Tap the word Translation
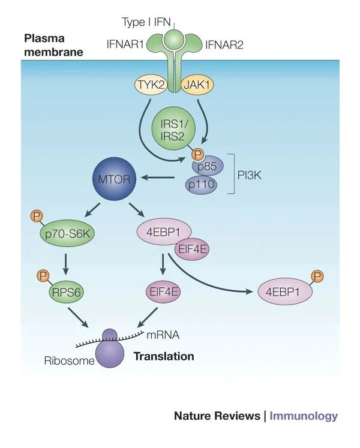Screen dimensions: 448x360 tap(164, 356)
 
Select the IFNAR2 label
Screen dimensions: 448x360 tap(224, 45)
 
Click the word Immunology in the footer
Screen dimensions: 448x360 tap(304, 416)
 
